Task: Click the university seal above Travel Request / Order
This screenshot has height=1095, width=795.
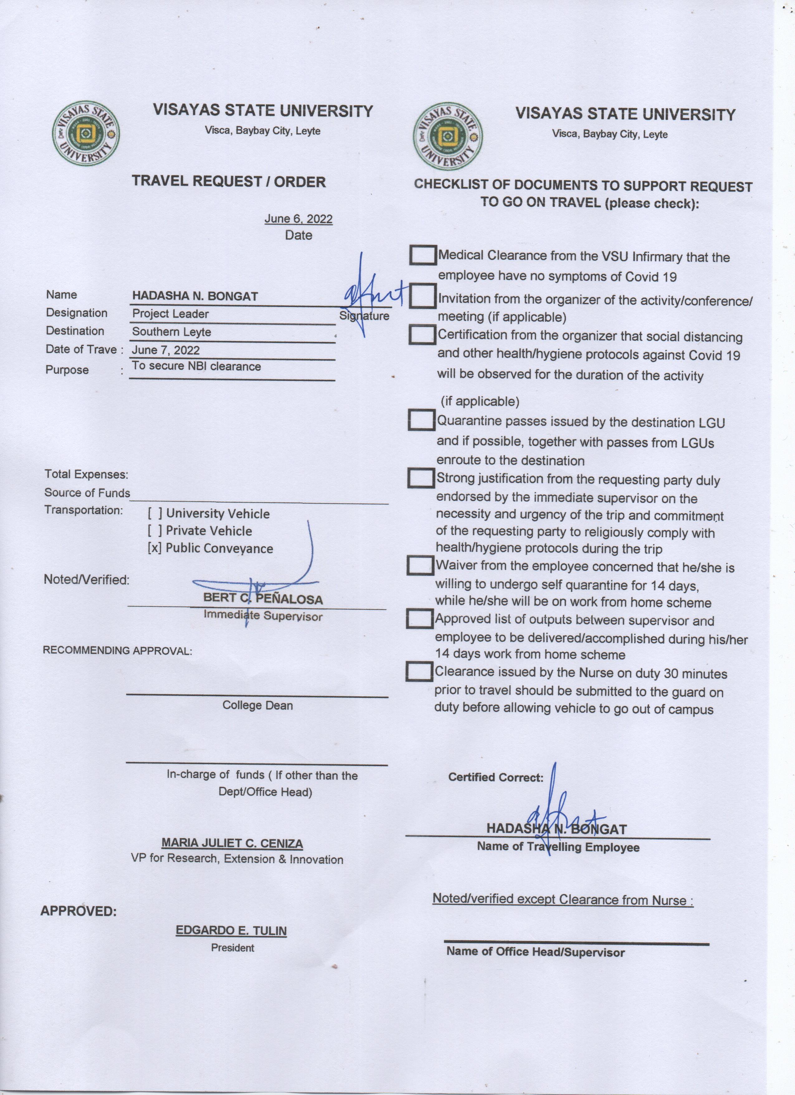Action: [x=85, y=133]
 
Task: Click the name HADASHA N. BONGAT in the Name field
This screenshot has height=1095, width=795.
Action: [x=195, y=296]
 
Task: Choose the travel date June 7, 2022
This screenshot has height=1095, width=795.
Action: [x=166, y=350]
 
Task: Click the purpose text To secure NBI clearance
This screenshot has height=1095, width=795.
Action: [x=196, y=367]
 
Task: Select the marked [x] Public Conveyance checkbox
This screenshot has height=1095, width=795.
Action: [x=155, y=548]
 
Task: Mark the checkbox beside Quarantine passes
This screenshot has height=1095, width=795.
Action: [x=421, y=420]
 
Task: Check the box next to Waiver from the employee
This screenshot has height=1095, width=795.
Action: [x=420, y=565]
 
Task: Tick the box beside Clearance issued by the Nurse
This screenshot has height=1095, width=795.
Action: [x=419, y=672]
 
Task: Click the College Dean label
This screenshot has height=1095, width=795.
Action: [x=257, y=705]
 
